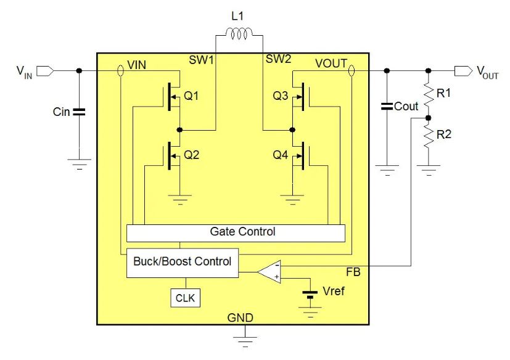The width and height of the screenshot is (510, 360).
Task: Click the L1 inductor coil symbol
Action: tap(239, 36)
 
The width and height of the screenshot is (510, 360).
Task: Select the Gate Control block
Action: tap(235, 232)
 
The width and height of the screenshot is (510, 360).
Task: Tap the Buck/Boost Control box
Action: tap(182, 261)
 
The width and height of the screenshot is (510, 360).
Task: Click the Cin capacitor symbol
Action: tap(79, 112)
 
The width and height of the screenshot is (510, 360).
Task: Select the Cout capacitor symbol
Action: tap(387, 107)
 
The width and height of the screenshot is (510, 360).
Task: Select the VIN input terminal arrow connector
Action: tap(45, 71)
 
